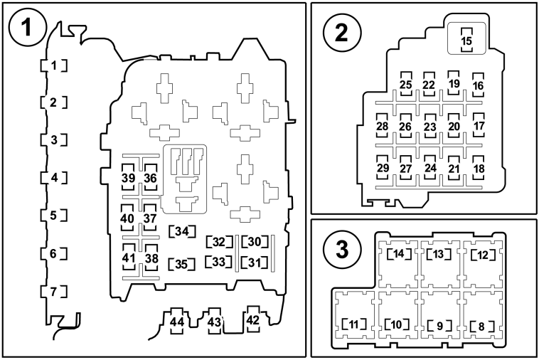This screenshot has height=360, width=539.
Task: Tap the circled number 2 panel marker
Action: tap(342, 33)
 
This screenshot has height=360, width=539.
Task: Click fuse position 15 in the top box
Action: tap(466, 41)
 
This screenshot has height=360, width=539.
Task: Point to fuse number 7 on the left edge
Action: tap(53, 292)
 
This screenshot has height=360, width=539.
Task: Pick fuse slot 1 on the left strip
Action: tap(53, 65)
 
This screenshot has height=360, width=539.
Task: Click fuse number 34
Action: tap(182, 231)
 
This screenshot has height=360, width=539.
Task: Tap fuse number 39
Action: tap(128, 177)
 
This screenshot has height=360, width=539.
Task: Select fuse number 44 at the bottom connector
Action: tap(177, 322)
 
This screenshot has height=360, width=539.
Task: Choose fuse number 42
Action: tap(252, 319)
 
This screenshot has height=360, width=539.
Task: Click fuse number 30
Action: tap(255, 242)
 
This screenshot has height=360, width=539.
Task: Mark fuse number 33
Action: tap(218, 262)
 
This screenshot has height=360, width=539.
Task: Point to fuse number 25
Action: tap(406, 84)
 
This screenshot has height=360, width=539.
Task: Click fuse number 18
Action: tap(479, 168)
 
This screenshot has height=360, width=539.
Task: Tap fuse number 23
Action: tap(429, 126)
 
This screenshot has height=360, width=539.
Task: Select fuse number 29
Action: tap(383, 167)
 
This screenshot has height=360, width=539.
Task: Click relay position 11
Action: tap(353, 324)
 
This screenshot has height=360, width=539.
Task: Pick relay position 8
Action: tap(482, 327)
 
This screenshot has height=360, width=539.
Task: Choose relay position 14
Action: tap(398, 254)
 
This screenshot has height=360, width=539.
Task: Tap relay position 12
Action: tap(483, 255)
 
